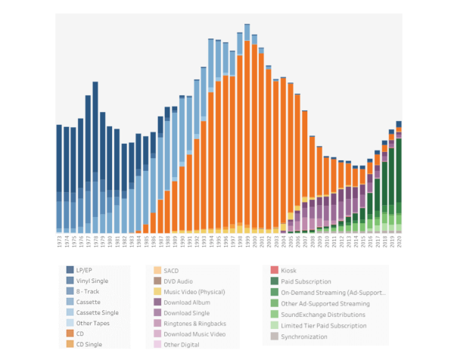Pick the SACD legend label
[171, 269]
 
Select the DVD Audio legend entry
[180, 281]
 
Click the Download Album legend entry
[186, 303]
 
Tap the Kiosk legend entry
[289, 269]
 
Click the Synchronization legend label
[304, 336]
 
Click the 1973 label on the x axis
[59, 243]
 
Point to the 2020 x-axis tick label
[399, 243]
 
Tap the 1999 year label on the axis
[247, 243]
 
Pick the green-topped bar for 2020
[399, 174]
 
